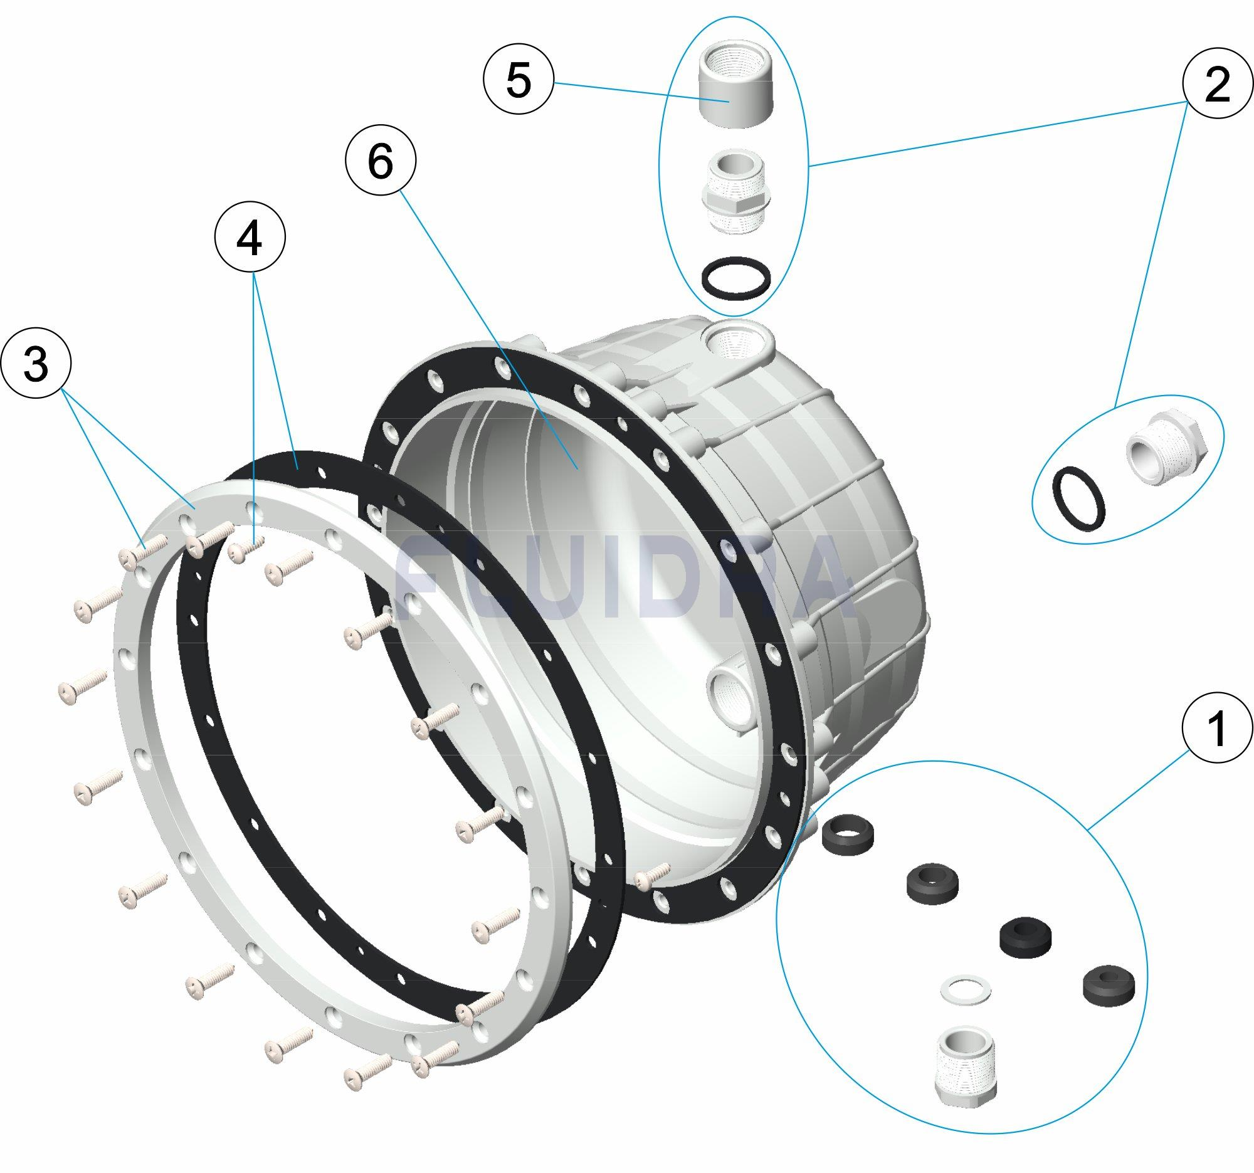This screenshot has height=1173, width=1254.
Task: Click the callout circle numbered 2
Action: coord(1217,85)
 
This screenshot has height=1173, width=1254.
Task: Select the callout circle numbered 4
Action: coord(250,239)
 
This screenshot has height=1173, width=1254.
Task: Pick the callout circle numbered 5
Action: coord(518,82)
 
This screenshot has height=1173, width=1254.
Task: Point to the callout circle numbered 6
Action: coord(381,161)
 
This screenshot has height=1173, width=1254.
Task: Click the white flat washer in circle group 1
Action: coord(964,991)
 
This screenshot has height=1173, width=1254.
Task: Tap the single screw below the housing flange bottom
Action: coord(650,876)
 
